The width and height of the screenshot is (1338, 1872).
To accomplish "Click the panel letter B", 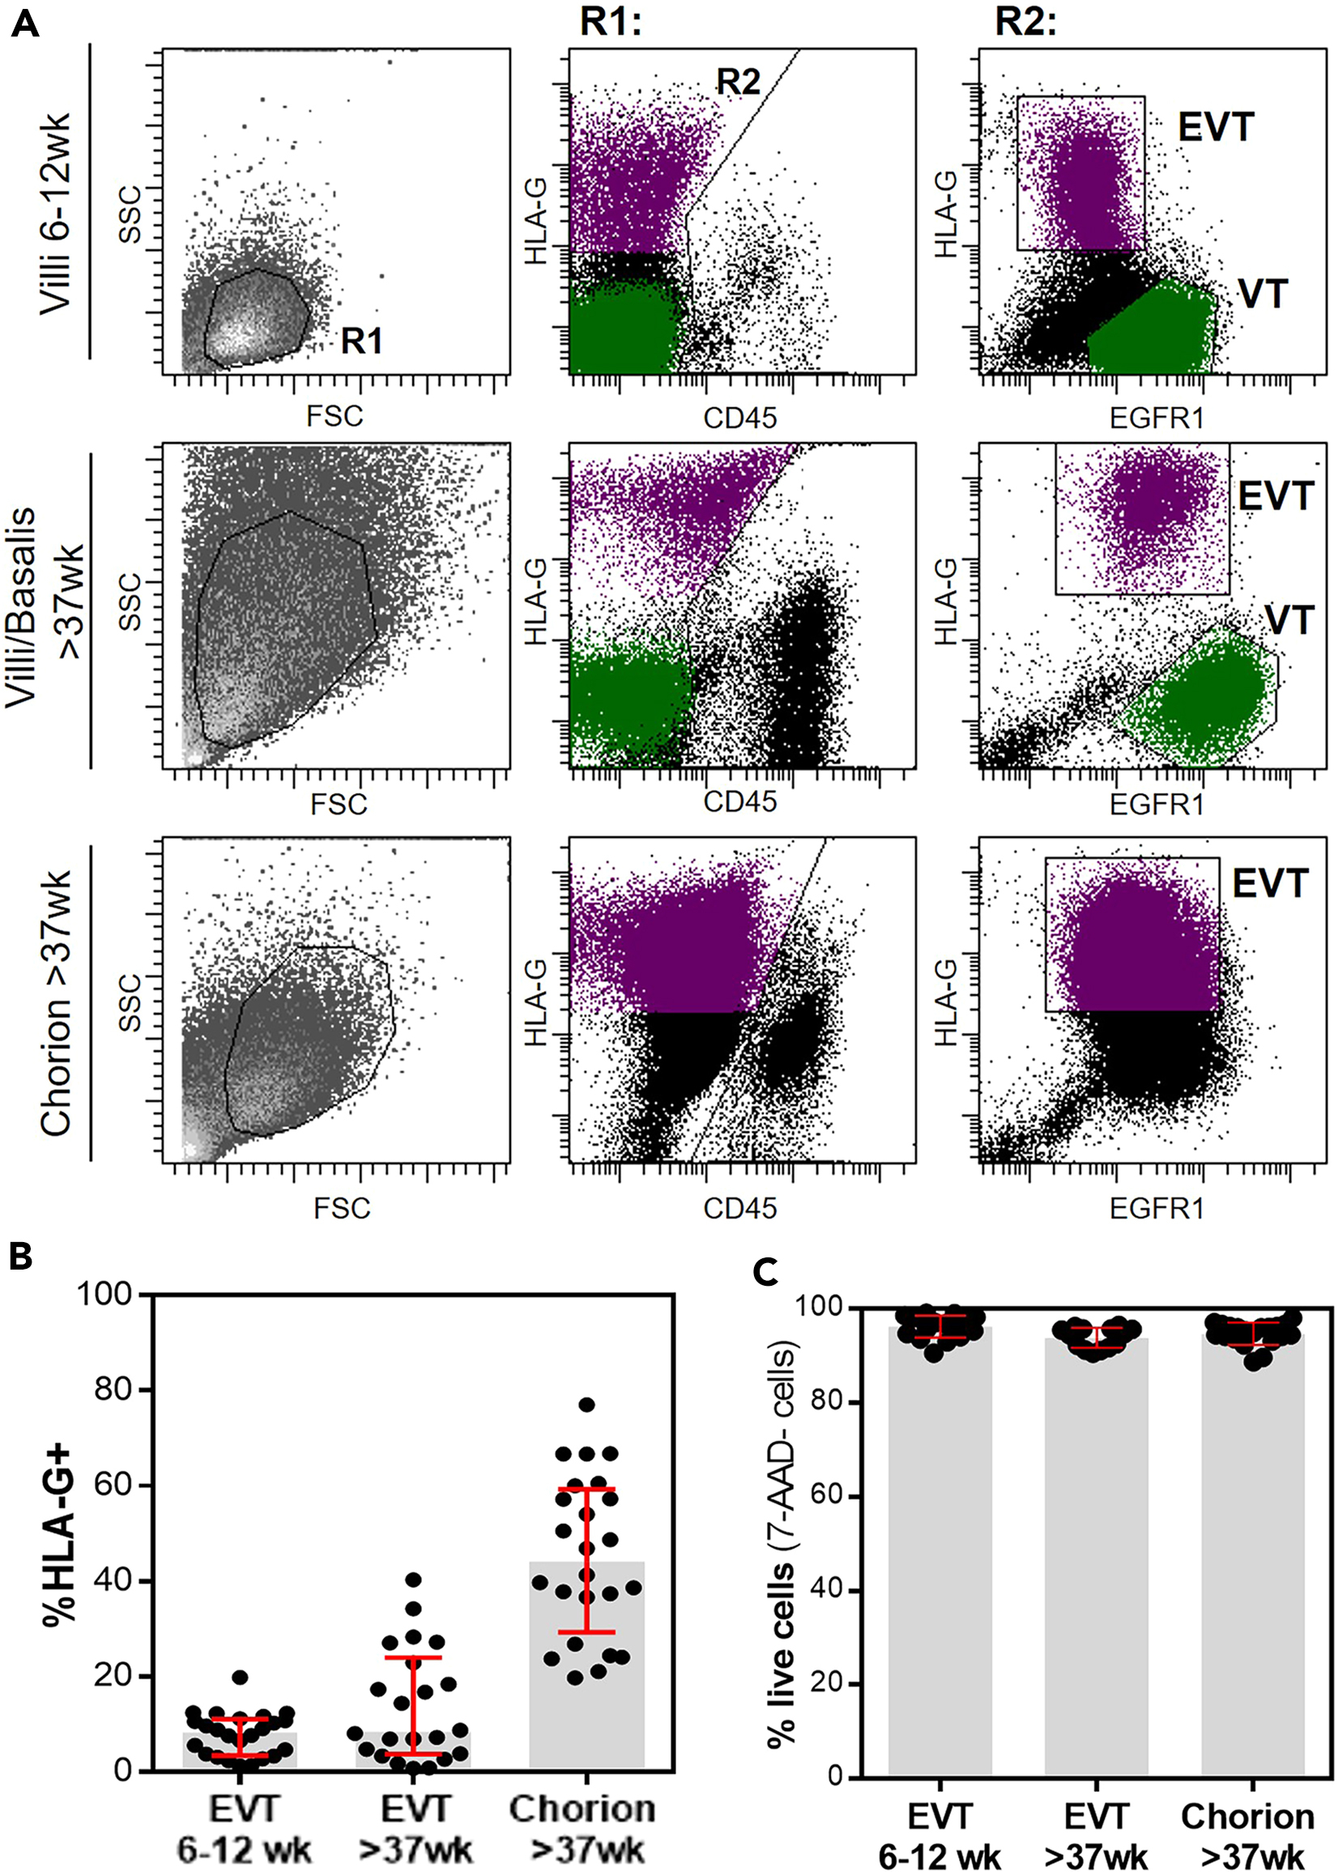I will point(20,1255).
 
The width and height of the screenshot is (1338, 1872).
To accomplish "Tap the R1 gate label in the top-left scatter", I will point(362,340).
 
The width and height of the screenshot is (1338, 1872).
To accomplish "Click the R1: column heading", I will point(610,22).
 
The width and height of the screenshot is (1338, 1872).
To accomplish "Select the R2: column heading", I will point(1025,22).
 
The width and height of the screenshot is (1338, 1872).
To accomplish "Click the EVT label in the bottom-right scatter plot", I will point(1270,883).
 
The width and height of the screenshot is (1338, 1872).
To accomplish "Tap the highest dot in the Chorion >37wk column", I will point(586,1404).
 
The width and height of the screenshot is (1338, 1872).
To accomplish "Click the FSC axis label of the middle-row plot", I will point(339,804).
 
